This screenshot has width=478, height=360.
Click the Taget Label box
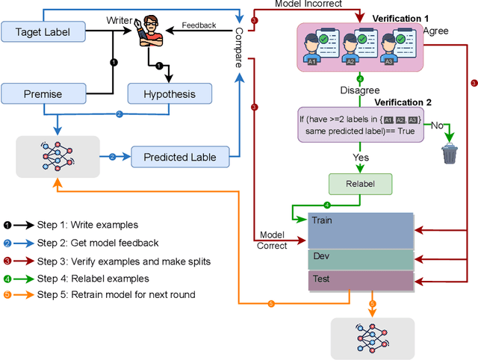43,31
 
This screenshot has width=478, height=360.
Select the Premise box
43,94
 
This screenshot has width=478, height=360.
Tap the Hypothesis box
170,94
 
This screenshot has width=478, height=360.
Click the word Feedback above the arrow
199,25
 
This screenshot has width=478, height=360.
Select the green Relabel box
360,184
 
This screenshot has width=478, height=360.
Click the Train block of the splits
360,230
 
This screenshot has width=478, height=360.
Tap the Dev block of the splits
360,258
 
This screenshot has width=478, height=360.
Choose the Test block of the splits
360,280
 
